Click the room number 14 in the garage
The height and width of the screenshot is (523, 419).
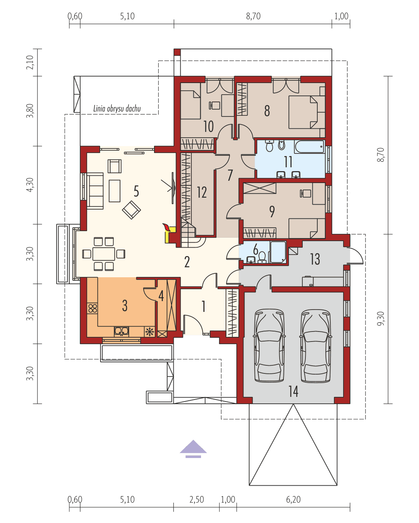(x=293, y=391)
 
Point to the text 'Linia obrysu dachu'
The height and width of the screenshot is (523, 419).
(x=117, y=108)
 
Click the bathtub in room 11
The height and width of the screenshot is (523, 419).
(x=310, y=147)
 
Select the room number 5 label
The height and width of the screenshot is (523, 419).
(x=136, y=191)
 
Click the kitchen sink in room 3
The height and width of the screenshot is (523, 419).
(x=121, y=331)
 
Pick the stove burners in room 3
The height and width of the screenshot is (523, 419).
(x=92, y=308)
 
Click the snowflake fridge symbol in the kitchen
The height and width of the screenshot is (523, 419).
(x=149, y=331)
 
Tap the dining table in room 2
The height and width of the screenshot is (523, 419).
(x=104, y=254)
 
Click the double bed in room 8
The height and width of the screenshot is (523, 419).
(x=307, y=112)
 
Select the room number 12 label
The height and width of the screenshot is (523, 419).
(x=202, y=192)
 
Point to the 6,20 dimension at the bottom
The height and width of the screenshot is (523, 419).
(x=293, y=500)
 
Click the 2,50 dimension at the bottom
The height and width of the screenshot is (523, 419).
(x=197, y=500)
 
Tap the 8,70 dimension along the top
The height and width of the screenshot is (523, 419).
(x=253, y=16)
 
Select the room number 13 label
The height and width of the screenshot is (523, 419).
(x=315, y=259)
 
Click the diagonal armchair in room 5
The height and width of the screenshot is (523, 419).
(x=131, y=210)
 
